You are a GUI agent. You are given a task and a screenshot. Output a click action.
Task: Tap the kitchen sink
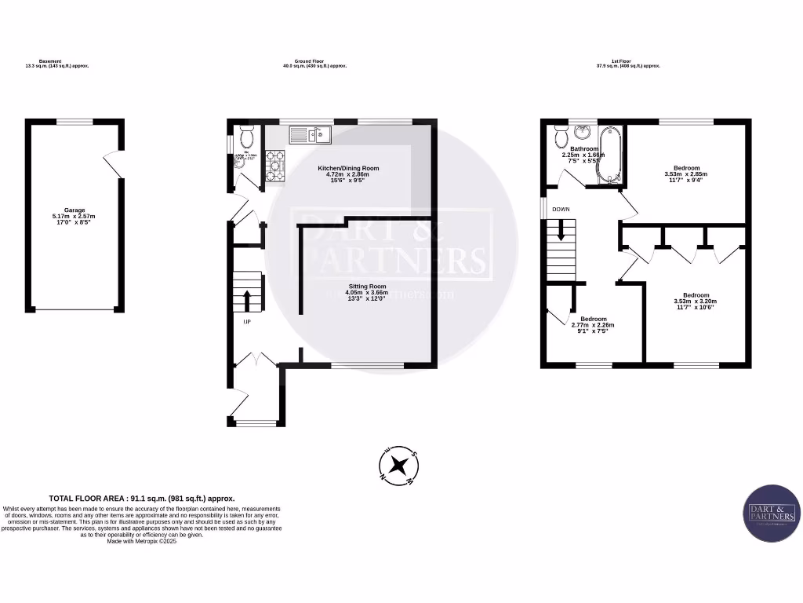pyautogui.click(x=311, y=136)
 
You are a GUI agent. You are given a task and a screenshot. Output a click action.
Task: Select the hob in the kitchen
pyautogui.click(x=275, y=166)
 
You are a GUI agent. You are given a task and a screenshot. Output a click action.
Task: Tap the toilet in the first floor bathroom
pyautogui.click(x=561, y=137)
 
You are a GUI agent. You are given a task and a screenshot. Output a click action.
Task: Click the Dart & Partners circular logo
pyautogui.click(x=772, y=513)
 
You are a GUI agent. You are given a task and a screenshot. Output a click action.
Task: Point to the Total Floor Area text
pyautogui.click(x=142, y=498)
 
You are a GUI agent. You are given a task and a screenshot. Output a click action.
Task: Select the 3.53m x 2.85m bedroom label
pyautogui.click(x=686, y=174)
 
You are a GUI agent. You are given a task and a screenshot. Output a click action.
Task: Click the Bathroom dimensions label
pyautogui.click(x=584, y=155)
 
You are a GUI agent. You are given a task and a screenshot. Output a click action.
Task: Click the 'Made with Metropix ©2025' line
pyautogui.click(x=142, y=542)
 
